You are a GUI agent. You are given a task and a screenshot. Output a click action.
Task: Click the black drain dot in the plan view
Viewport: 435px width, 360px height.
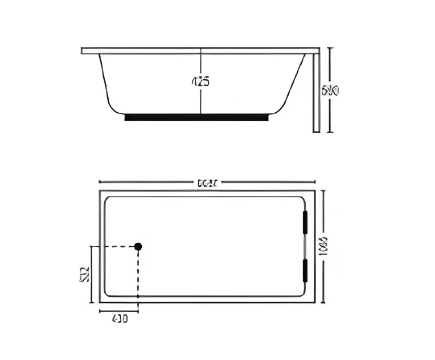point(138,246)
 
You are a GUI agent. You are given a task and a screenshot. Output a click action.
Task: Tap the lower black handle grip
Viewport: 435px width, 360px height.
point(305,271)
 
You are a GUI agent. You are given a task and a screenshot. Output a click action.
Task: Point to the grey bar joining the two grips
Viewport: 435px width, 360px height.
point(305,247)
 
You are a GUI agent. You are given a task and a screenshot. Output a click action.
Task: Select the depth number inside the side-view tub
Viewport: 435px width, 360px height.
point(200,81)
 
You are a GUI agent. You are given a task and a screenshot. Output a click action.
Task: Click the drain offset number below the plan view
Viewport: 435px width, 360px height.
point(118,319)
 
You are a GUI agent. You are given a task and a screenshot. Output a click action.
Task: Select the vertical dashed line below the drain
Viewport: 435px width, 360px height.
point(138,273)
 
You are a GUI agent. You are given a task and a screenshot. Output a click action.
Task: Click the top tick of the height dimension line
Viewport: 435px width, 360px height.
point(329,48)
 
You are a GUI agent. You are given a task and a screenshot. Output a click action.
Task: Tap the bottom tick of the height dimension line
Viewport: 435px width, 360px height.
point(329,132)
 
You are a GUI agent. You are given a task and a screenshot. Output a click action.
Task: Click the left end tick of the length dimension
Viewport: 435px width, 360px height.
point(100,182)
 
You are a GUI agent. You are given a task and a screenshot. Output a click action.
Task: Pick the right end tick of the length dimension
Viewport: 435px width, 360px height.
point(315,182)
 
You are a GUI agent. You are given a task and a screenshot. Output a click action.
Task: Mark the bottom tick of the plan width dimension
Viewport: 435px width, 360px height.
point(324,302)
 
